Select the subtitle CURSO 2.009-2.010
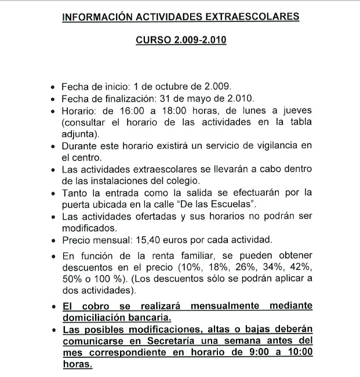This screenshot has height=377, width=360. click(180, 41)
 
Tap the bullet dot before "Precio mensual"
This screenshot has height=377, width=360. click(53, 240)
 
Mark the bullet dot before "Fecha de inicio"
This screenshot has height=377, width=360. click(53, 88)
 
